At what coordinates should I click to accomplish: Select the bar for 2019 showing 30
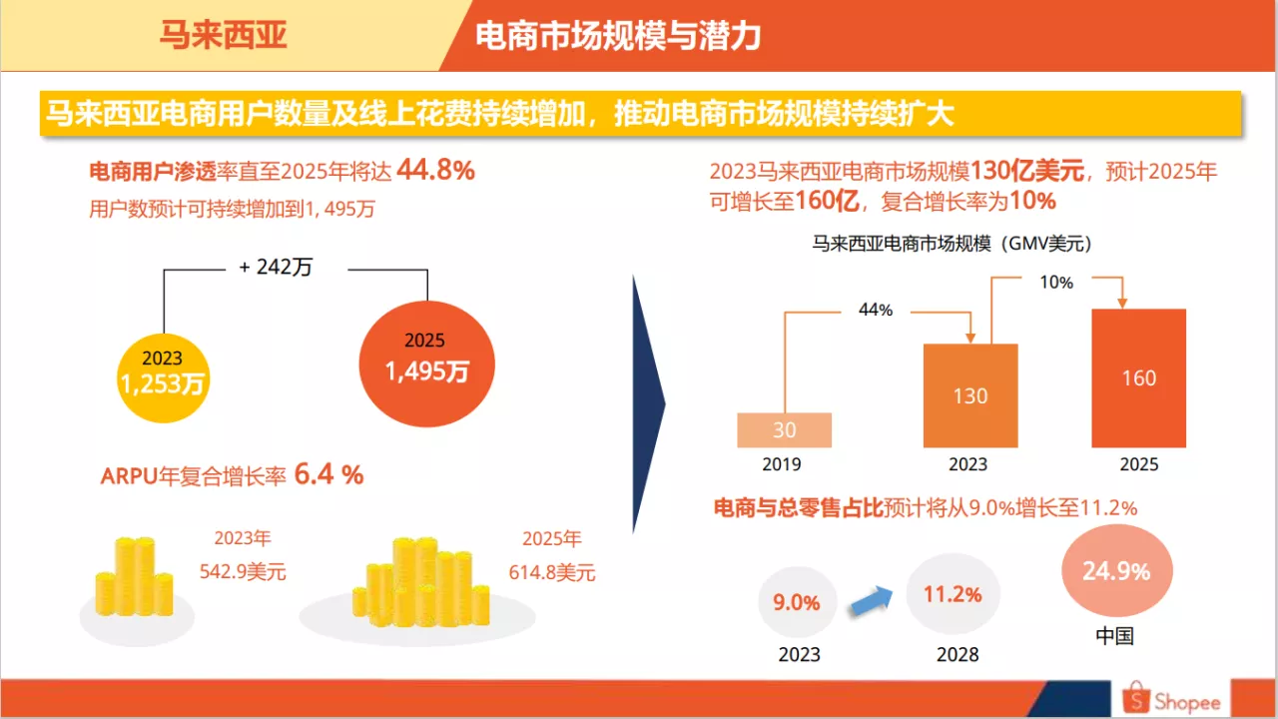(x=784, y=429)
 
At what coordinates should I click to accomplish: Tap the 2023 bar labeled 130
(x=970, y=395)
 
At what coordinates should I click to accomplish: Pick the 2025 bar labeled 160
(x=1138, y=377)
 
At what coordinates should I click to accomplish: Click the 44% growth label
(x=875, y=310)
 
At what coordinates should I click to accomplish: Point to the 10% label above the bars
(x=1055, y=283)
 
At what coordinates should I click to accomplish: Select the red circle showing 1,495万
(x=426, y=361)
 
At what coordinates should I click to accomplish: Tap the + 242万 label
(x=277, y=268)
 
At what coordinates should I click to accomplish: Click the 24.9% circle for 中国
(x=1115, y=571)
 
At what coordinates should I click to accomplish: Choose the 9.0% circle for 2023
(x=797, y=602)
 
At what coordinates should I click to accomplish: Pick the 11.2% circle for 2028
(x=952, y=594)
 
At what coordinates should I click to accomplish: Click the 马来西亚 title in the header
(x=224, y=36)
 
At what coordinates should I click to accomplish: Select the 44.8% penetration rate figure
(x=435, y=171)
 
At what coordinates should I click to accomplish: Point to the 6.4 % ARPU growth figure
(x=328, y=475)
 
